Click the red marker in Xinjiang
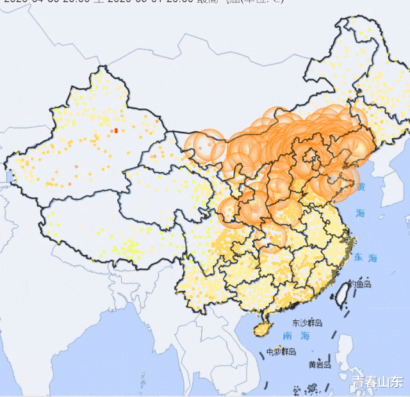click(116, 131)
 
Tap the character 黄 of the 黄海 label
click(361, 187)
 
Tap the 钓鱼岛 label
click(359, 284)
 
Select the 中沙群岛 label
click(282, 352)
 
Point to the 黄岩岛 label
click(320, 364)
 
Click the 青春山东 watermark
click(377, 382)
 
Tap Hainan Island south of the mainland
click(261, 328)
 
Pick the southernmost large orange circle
click(272, 237)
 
